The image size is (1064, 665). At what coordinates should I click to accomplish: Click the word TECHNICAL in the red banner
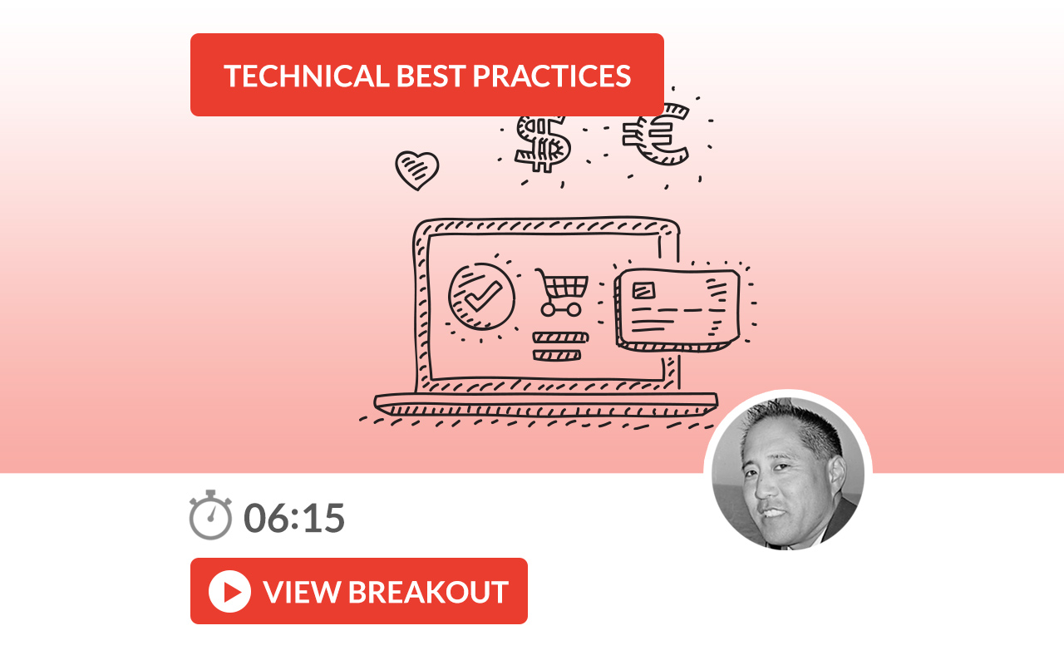[307, 76]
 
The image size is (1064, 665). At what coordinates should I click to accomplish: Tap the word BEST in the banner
[431, 76]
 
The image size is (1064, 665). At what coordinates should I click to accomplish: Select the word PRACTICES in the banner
[552, 76]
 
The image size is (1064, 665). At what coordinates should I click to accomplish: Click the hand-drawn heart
[417, 170]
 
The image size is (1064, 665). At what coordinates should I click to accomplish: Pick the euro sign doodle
[657, 135]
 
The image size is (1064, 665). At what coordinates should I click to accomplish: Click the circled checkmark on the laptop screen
[481, 297]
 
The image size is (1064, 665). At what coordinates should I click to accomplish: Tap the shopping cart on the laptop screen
[562, 292]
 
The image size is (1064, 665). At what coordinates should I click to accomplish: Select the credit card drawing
[677, 311]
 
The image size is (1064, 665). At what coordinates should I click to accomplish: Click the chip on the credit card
[643, 290]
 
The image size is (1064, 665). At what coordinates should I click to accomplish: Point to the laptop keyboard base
[546, 404]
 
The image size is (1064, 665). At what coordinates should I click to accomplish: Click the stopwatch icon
[210, 515]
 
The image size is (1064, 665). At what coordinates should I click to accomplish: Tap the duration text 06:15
[294, 518]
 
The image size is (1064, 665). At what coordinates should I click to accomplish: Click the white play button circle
[229, 591]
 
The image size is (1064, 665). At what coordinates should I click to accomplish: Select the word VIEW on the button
[302, 592]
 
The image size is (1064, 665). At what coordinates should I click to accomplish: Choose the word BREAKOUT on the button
[428, 592]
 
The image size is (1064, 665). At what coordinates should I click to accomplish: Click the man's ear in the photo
[837, 475]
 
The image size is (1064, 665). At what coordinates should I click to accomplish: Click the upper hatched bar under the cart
[560, 337]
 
